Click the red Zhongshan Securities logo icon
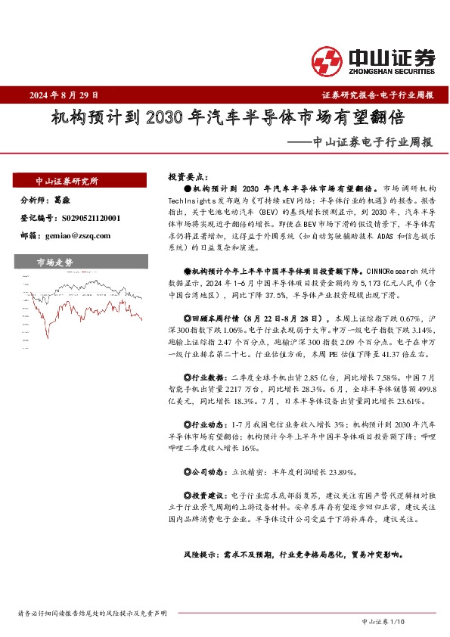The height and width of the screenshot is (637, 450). (x=327, y=60)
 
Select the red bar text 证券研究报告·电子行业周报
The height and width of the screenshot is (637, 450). (x=377, y=95)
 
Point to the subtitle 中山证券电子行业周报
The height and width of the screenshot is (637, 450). (x=372, y=141)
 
